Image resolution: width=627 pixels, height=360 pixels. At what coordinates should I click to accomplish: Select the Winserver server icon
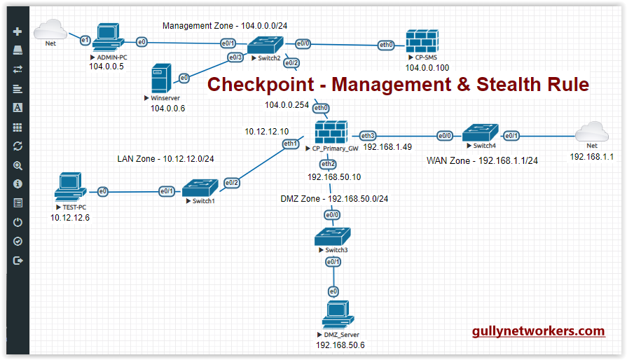(x=162, y=78)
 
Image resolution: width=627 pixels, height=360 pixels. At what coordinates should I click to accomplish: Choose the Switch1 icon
(x=200, y=188)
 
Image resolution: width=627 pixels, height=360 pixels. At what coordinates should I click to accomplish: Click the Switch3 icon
(x=331, y=237)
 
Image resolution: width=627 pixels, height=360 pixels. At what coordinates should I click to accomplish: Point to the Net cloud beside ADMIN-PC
(x=50, y=29)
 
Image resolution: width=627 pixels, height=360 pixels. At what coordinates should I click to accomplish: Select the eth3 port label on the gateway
(x=368, y=135)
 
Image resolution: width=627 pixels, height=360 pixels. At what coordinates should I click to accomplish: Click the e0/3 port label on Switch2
(x=235, y=57)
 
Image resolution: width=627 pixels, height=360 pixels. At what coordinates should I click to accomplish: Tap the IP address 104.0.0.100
(x=427, y=68)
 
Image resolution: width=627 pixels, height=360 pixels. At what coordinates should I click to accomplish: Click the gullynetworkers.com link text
(x=538, y=331)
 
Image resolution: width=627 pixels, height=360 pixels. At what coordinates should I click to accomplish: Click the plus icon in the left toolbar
(x=18, y=32)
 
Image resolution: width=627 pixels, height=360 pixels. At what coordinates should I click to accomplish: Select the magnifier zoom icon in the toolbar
(x=18, y=166)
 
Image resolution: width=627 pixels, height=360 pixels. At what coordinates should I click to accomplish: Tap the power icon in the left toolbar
(x=18, y=223)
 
